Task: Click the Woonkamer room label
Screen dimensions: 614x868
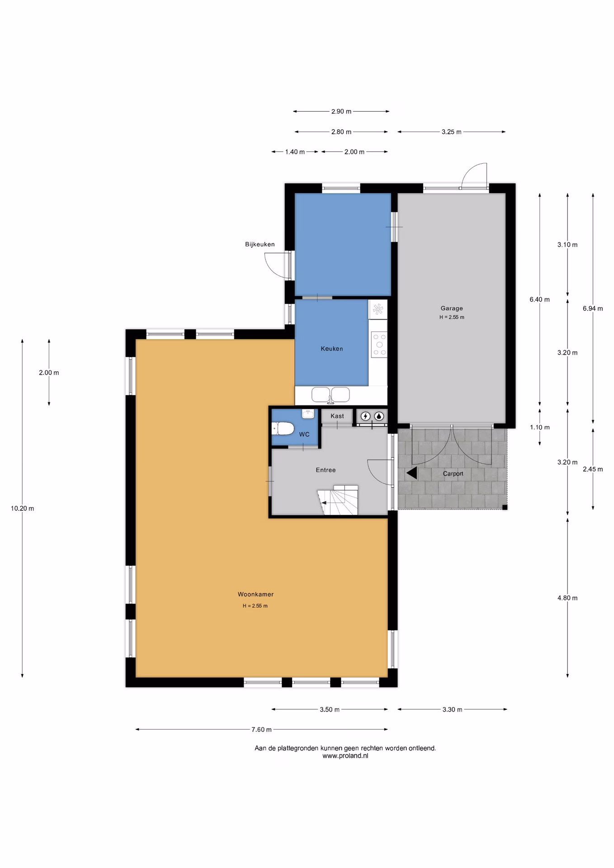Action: [x=255, y=594]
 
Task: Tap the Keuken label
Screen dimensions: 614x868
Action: [x=332, y=349]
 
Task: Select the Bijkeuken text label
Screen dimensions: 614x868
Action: [x=260, y=244]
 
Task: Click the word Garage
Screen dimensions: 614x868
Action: [x=452, y=308]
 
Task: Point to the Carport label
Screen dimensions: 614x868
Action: [x=453, y=474]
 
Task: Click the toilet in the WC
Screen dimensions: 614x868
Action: [x=283, y=428]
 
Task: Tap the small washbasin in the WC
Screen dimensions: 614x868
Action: [x=308, y=413]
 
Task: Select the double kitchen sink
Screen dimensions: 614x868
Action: [x=331, y=395]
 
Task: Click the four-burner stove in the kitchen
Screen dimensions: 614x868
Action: [x=379, y=344]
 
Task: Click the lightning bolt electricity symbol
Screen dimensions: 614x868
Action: [x=365, y=416]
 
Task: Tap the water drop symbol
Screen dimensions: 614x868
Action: [x=379, y=416]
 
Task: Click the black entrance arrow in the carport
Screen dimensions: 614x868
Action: [x=411, y=473]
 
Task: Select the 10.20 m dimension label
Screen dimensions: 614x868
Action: [x=23, y=508]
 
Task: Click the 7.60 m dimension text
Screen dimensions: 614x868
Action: [x=262, y=729]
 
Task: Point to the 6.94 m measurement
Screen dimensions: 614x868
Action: [x=593, y=308]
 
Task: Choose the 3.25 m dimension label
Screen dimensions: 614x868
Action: [x=452, y=132]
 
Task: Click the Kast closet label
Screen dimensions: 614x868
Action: [x=337, y=416]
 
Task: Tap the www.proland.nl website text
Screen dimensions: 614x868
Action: [x=345, y=755]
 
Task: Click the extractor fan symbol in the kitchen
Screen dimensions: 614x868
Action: [x=378, y=309]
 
